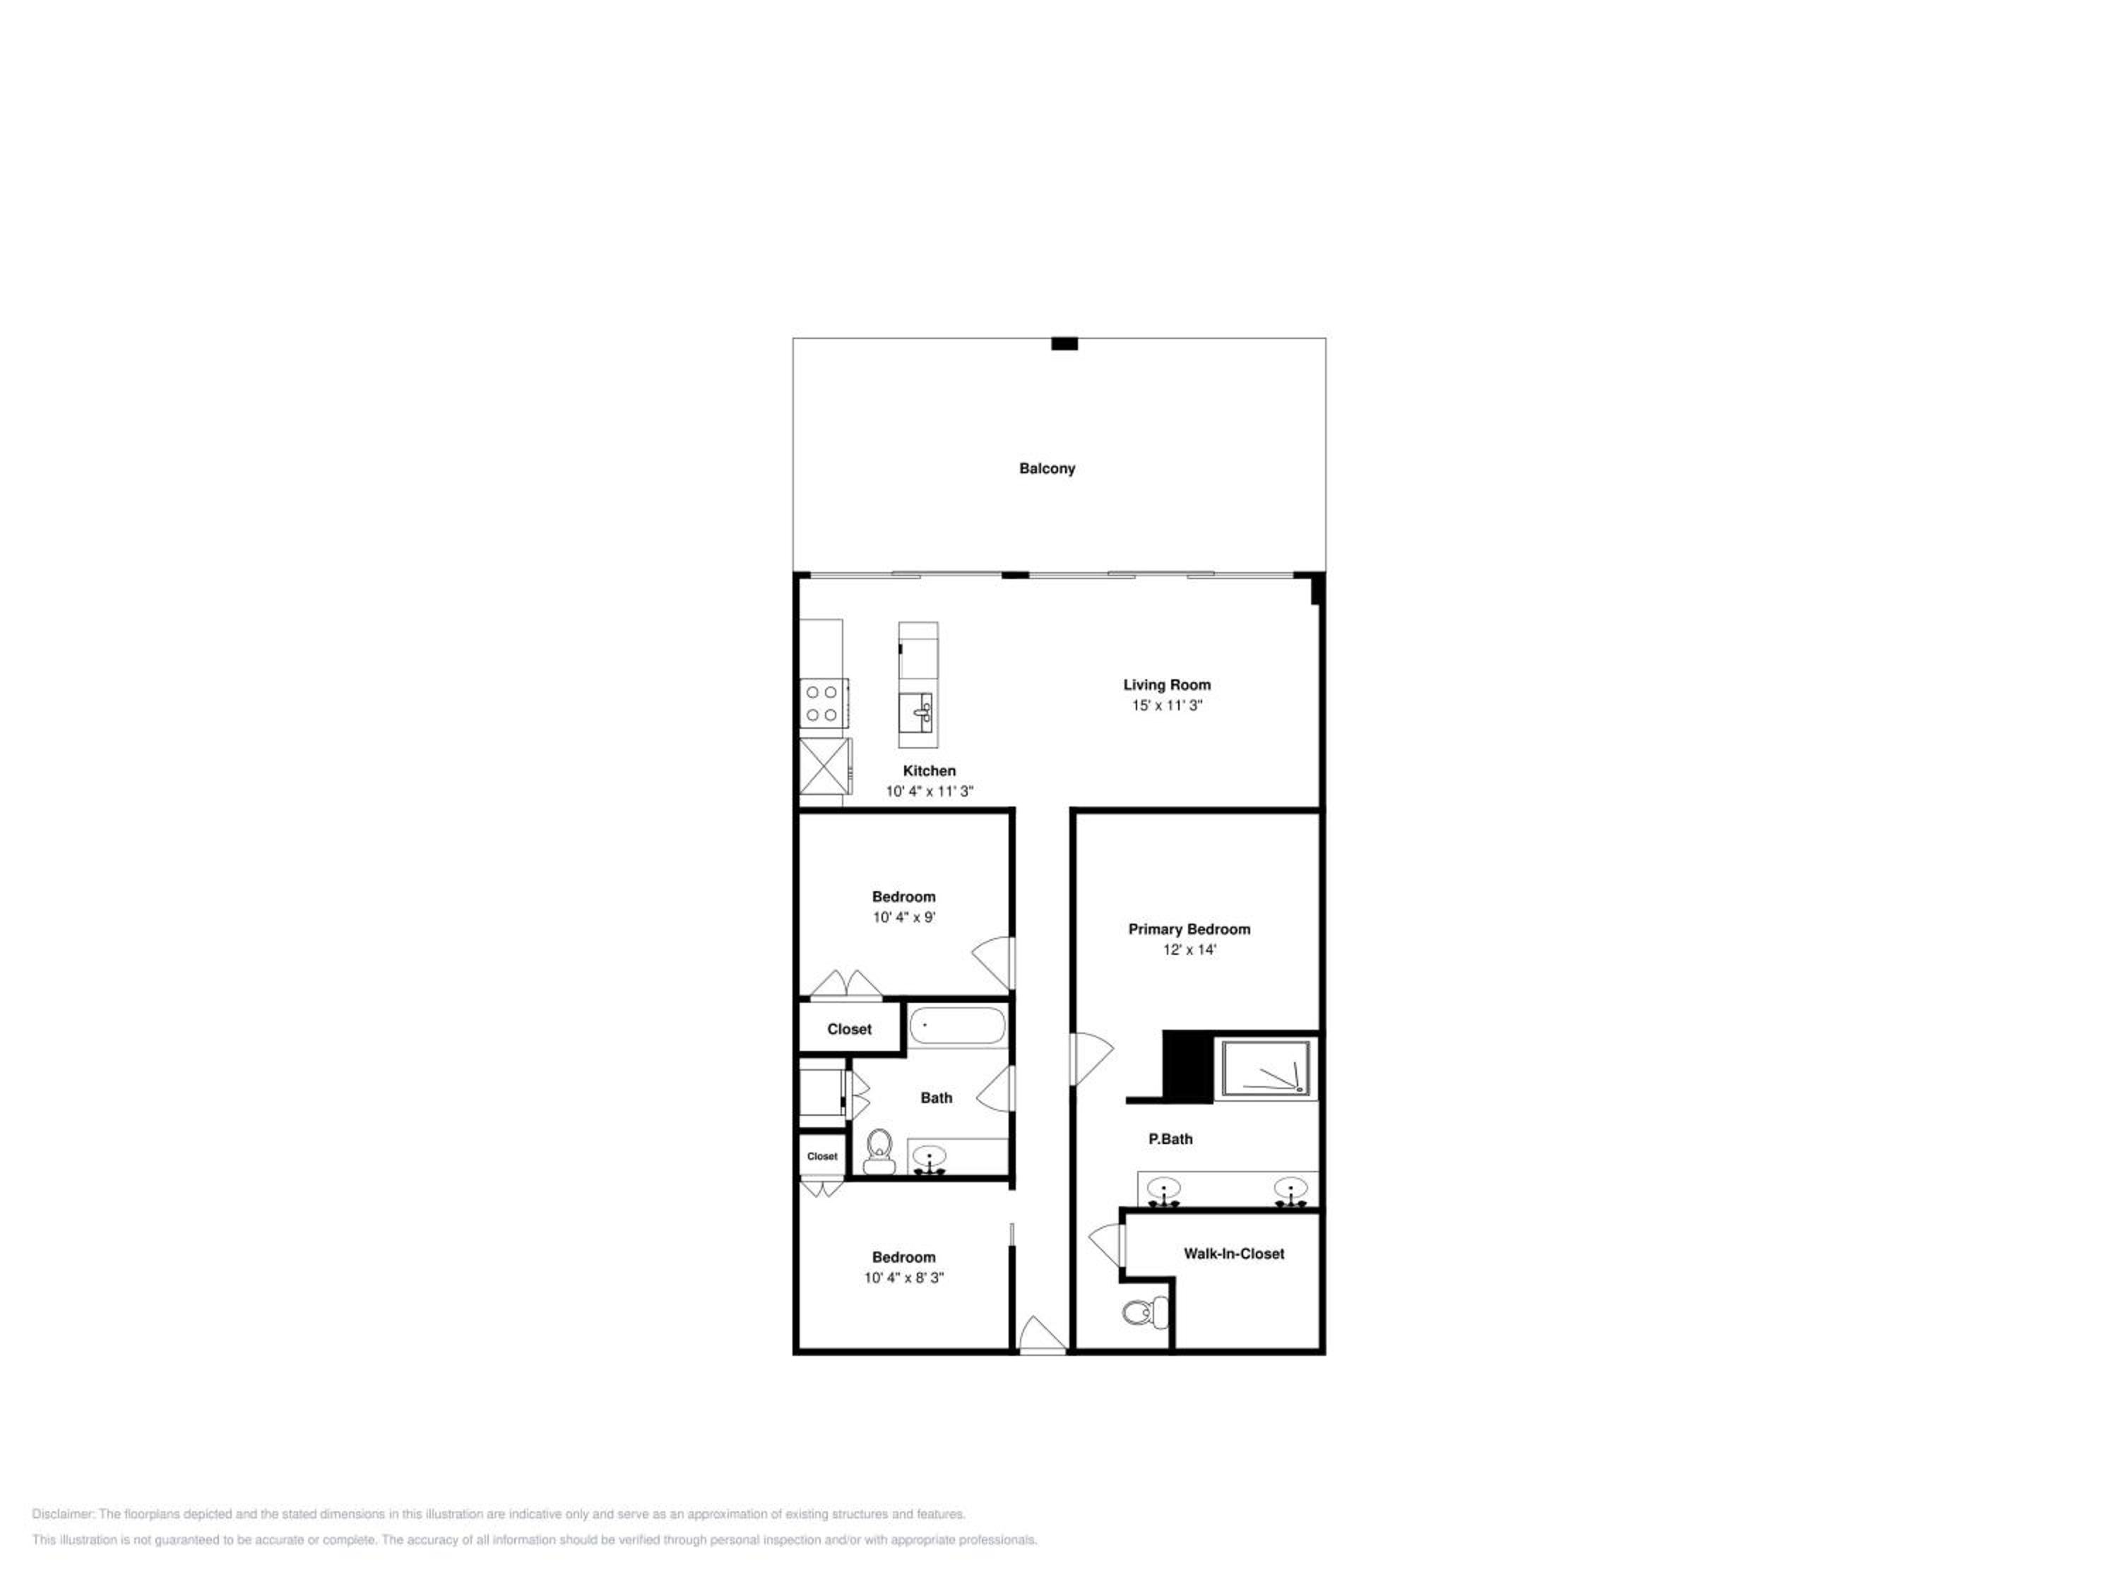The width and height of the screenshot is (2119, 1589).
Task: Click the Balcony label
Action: tap(1047, 468)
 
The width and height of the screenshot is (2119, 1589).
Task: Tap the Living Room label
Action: tap(1167, 685)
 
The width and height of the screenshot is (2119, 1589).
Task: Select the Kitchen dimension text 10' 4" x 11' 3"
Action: tap(930, 791)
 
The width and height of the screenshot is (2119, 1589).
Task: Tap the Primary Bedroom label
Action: tap(1189, 929)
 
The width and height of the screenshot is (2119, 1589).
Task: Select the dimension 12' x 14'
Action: tap(1189, 950)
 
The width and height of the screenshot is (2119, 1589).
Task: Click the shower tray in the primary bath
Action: tap(1266, 1067)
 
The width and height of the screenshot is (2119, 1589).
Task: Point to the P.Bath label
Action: tap(1170, 1139)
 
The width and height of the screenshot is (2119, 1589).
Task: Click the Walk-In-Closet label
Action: tap(1234, 1254)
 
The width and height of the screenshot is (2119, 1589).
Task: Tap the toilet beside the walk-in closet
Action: tap(1145, 1312)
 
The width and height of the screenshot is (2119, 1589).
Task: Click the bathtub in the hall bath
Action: tap(957, 1027)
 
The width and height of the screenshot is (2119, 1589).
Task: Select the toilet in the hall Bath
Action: tap(879, 1150)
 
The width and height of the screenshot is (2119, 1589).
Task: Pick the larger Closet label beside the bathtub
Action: tap(850, 1030)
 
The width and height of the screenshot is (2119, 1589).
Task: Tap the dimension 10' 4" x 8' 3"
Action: tap(903, 1278)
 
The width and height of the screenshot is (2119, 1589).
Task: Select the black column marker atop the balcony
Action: tap(1064, 344)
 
